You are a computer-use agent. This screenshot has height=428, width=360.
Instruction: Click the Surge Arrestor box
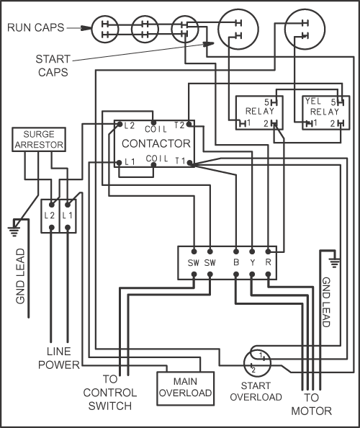click(39, 140)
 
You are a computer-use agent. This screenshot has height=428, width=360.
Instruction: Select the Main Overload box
click(186, 388)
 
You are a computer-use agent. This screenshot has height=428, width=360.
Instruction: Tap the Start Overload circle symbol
click(257, 363)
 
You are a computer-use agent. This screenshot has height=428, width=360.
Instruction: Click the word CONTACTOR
click(156, 143)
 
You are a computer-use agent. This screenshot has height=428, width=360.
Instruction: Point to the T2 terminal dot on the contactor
click(189, 125)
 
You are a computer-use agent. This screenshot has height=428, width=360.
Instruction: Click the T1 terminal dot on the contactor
click(190, 164)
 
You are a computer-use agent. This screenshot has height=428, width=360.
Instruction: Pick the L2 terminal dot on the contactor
click(120, 125)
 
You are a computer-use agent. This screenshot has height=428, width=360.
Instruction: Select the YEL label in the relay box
click(313, 102)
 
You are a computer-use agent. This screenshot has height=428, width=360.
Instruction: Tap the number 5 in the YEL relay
click(333, 102)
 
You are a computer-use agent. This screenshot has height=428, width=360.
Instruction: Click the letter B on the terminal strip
click(236, 262)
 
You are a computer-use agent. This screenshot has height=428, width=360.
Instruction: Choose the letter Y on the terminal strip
click(252, 262)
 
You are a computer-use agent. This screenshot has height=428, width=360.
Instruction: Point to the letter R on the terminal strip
click(268, 262)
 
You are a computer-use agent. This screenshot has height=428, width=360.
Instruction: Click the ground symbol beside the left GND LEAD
click(14, 230)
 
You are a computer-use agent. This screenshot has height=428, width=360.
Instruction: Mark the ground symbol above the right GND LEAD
click(334, 262)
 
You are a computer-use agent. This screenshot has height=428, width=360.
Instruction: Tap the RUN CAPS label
click(36, 27)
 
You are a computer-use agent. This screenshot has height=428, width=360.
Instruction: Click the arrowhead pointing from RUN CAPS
click(86, 28)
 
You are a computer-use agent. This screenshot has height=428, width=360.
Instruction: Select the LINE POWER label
click(59, 358)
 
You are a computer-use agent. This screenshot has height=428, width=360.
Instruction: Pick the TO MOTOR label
click(312, 404)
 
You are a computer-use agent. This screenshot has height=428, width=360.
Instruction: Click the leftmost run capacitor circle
click(105, 30)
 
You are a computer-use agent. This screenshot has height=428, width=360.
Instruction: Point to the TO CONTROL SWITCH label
click(110, 392)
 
